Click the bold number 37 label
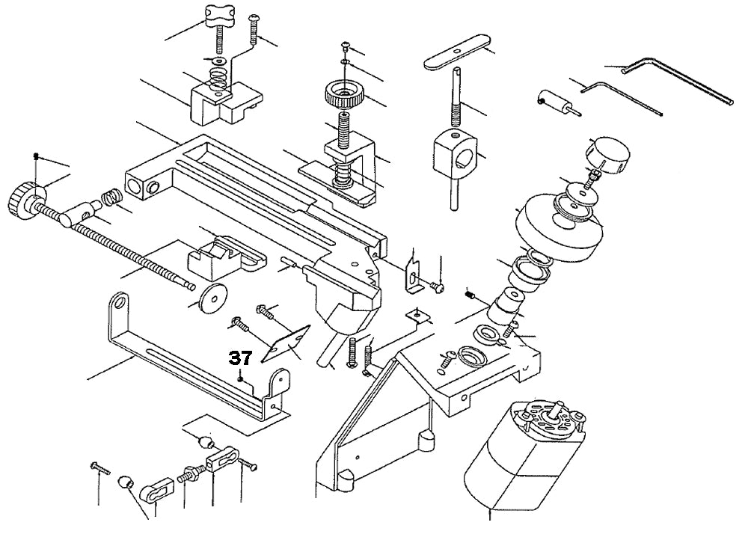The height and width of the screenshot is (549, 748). (240, 358)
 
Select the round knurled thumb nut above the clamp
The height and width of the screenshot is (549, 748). (343, 96)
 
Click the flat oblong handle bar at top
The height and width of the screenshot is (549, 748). (453, 54)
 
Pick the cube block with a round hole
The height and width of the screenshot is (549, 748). (456, 153)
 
